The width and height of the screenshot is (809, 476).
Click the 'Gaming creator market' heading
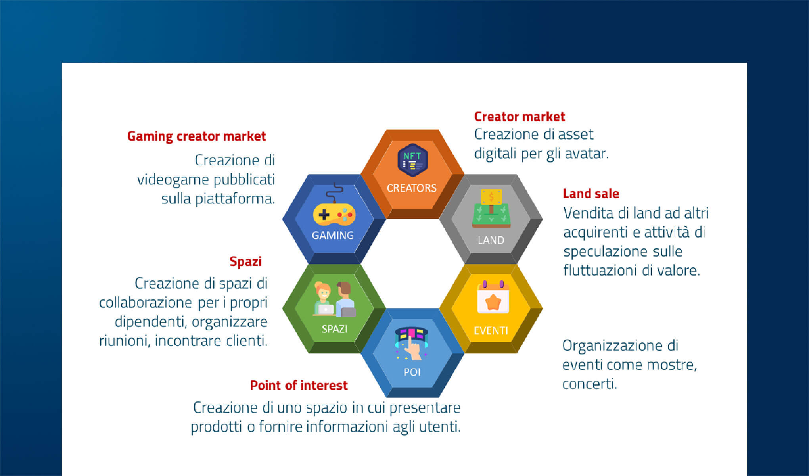click(196, 136)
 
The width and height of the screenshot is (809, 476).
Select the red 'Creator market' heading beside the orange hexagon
click(520, 117)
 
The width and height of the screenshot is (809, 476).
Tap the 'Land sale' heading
click(591, 194)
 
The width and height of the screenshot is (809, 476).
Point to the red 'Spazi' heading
click(245, 262)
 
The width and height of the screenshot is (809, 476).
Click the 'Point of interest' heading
click(299, 385)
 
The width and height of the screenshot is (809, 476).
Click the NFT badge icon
click(412, 160)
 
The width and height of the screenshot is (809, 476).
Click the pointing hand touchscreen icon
click(412, 344)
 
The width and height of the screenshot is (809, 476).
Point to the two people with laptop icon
click(334, 299)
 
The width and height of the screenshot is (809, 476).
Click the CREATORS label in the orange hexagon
click(412, 188)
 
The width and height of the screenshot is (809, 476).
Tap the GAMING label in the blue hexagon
click(333, 236)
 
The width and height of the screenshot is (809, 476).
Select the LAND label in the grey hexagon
click(491, 240)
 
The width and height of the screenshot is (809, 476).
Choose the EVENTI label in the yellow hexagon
click(491, 331)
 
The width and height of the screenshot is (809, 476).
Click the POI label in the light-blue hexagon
click(412, 372)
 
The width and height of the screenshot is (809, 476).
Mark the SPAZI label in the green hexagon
click(334, 329)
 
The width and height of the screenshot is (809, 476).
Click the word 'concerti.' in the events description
click(590, 384)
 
